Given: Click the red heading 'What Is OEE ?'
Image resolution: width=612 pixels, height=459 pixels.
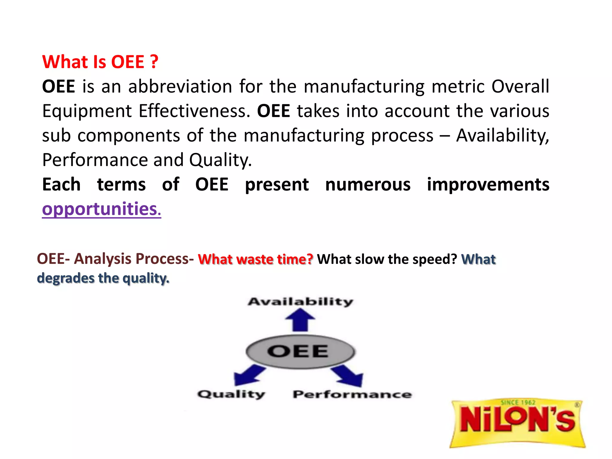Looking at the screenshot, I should click(x=100, y=62).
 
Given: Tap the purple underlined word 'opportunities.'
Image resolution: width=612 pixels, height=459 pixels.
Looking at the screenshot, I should click(x=101, y=209).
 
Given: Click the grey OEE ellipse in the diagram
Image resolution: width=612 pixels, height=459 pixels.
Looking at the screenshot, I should click(x=300, y=352).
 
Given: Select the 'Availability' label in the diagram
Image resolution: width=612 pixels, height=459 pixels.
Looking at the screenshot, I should click(x=300, y=302).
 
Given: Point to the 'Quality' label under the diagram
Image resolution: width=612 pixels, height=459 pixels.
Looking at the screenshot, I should click(x=231, y=394).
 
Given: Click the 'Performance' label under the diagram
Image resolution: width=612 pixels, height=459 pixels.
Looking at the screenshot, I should click(x=352, y=394).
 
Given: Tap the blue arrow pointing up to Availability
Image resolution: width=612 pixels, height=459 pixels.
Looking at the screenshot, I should click(x=300, y=320).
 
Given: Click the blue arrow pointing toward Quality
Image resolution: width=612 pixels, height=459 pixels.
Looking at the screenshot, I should click(x=248, y=375).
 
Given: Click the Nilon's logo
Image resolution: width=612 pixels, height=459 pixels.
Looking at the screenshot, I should click(x=517, y=423).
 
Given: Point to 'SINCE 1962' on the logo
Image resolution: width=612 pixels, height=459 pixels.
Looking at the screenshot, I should click(x=518, y=403).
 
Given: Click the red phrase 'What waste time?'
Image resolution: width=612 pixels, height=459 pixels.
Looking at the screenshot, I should click(x=255, y=259).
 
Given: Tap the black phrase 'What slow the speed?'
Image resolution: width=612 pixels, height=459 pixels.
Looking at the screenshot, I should click(x=387, y=259).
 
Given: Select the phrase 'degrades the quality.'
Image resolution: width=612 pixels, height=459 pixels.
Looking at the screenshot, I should click(x=103, y=278).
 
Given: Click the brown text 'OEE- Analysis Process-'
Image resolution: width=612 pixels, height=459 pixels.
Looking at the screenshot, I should click(x=115, y=258).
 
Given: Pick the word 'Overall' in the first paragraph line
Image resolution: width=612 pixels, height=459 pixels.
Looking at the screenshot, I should click(x=520, y=86).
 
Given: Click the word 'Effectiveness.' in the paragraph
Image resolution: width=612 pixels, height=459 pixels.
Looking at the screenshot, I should click(x=194, y=111).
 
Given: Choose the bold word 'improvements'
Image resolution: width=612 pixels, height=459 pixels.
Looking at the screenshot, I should click(x=488, y=184).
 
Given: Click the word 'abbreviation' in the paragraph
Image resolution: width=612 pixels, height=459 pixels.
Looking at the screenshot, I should click(x=180, y=86).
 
